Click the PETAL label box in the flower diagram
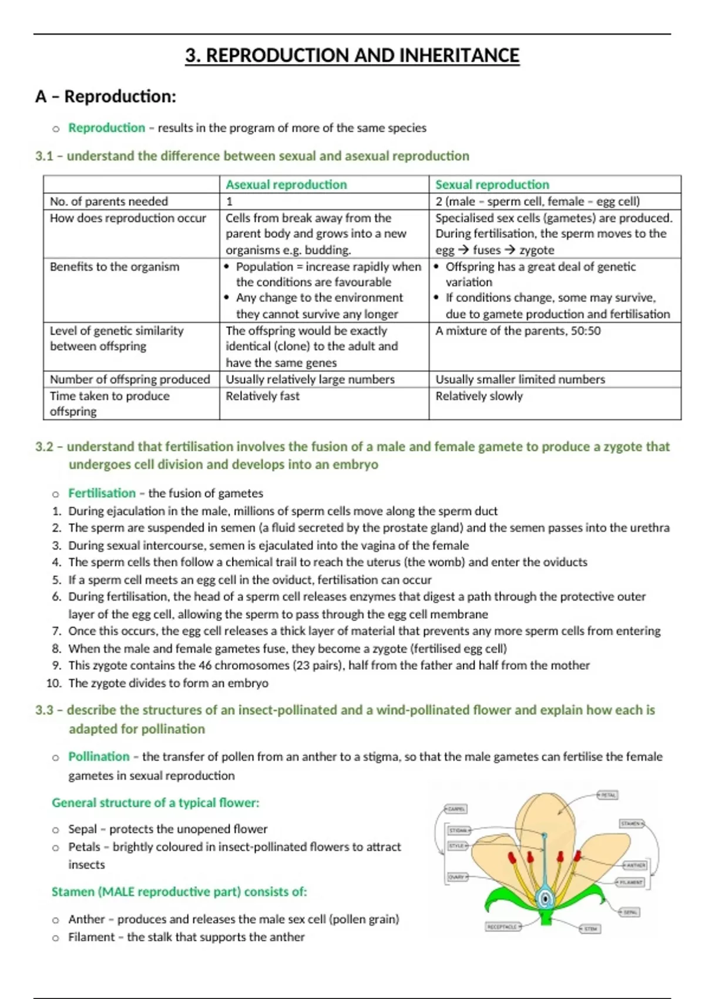click(608, 795)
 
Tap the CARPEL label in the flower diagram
click(456, 809)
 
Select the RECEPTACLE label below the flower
click(502, 927)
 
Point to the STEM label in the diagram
click(590, 929)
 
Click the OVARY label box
click(457, 877)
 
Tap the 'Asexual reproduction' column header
click(286, 185)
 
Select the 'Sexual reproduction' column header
click(492, 185)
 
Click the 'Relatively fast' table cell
click(263, 396)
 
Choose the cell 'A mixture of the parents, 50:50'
click(518, 331)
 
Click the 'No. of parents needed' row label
click(109, 202)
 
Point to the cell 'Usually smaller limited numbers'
click(520, 380)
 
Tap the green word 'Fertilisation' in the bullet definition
click(102, 493)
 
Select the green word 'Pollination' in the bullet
click(99, 756)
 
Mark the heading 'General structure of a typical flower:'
click(155, 803)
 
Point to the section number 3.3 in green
click(44, 710)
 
